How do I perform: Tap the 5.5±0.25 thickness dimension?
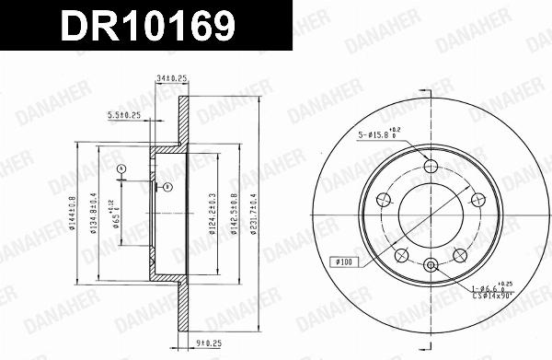124,115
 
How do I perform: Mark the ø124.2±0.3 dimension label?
213,214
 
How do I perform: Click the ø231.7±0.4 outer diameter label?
261,214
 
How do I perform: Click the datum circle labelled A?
121,168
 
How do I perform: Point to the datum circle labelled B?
167,188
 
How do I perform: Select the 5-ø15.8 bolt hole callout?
378,136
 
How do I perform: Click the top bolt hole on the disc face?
431,166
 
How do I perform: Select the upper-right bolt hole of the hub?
477,199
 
